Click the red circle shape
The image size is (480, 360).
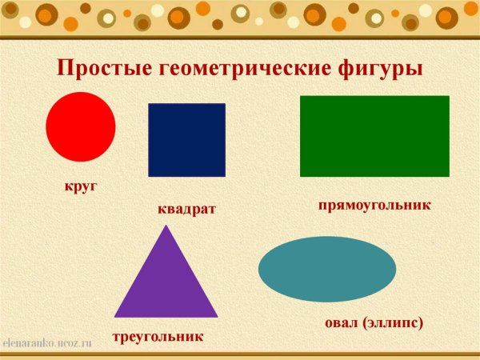pos(81,126)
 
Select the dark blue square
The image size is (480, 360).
pos(186,140)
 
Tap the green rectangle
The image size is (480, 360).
pos(374,136)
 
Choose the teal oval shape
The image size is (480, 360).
pos(327,269)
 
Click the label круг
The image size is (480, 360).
pos(81,186)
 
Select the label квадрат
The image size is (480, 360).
pos(187,209)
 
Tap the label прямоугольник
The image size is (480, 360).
pos(374,205)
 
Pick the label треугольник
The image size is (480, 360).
pos(158,337)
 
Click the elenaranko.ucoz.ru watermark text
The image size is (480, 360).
pos(48,342)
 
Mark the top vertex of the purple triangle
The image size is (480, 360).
pos(166,226)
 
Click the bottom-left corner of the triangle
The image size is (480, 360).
pos(114,317)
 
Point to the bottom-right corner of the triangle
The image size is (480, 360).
pos(218,317)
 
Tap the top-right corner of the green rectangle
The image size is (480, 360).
pos(449,96)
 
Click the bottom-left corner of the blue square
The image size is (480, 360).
pos(149,176)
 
